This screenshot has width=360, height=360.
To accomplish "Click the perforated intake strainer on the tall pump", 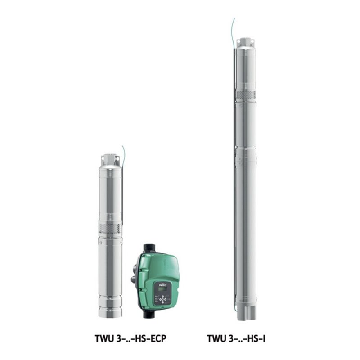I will point(245,95).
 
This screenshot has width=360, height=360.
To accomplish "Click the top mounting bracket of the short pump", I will point(110,159).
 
